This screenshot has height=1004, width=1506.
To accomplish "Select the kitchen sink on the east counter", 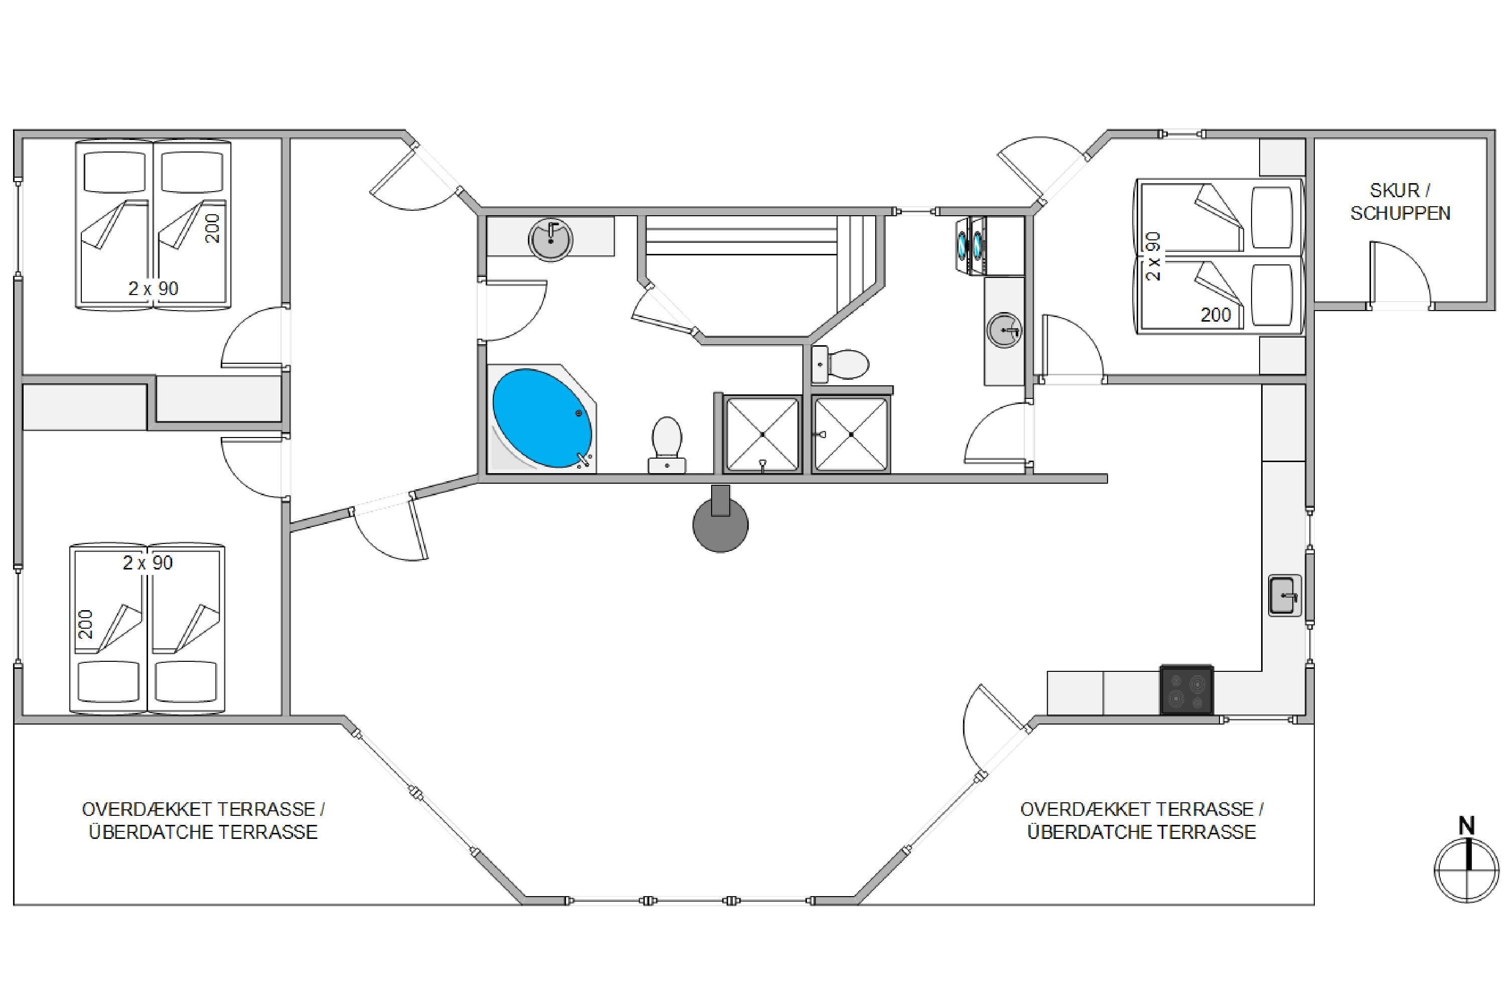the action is tap(1285, 596).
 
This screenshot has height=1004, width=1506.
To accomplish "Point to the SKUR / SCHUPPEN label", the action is tap(1400, 202).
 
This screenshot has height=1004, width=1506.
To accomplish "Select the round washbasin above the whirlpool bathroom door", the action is tap(551, 239).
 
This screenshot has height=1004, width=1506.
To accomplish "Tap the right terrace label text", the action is tap(1142, 820).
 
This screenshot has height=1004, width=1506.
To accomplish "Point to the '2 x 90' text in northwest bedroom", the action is tap(153, 288).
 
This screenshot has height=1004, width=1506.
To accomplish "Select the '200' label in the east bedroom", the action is tap(1216, 315).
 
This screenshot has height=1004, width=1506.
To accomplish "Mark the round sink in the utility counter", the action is tap(1004, 330).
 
